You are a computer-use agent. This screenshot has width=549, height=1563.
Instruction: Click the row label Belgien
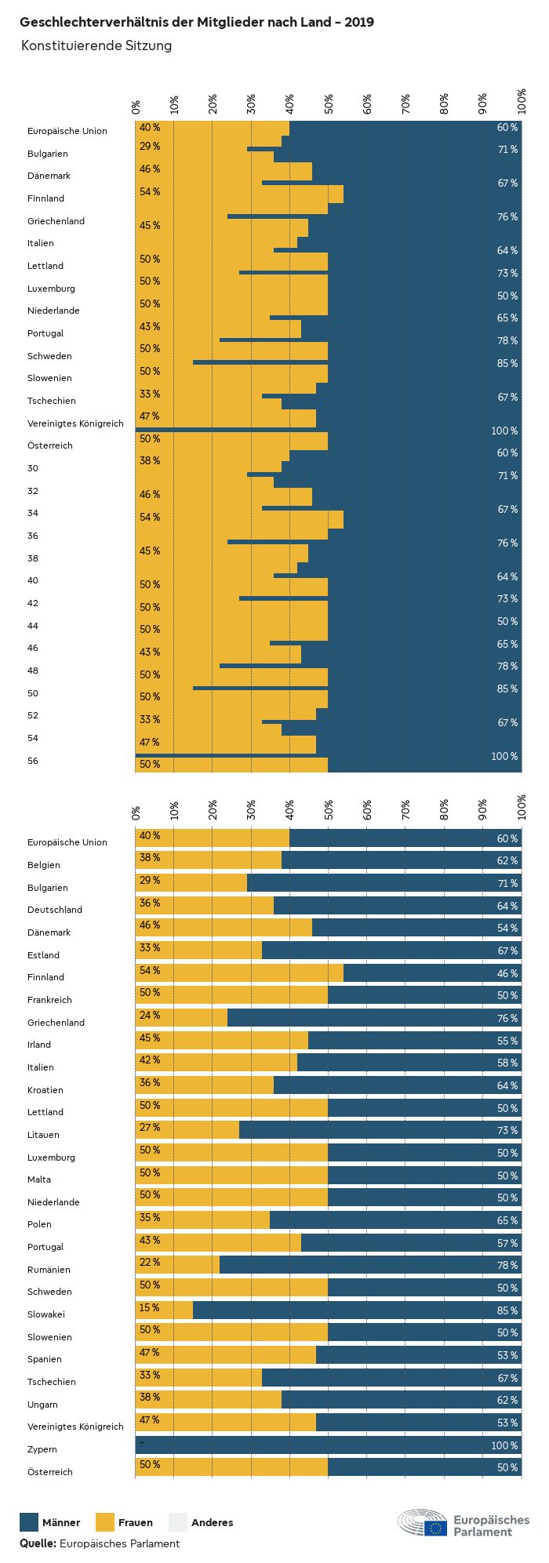44,865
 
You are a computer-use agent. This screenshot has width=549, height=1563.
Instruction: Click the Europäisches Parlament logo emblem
422,1523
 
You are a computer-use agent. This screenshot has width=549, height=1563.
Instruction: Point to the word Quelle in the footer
38,1543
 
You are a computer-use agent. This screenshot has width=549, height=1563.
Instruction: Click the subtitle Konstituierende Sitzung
96,45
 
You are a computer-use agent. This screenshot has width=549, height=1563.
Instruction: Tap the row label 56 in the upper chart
33,761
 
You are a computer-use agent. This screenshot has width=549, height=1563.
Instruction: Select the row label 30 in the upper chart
33,468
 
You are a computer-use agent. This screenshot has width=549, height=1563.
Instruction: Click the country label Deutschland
55,910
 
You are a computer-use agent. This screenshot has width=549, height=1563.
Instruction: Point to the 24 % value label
150,1016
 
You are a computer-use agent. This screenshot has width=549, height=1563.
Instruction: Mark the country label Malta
39,1180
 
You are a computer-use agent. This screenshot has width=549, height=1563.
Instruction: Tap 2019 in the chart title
360,22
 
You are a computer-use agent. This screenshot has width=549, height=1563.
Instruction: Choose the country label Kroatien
45,1090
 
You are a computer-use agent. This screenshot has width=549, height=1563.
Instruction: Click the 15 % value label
150,1307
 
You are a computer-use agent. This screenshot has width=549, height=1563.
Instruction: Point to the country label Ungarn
42,1405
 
